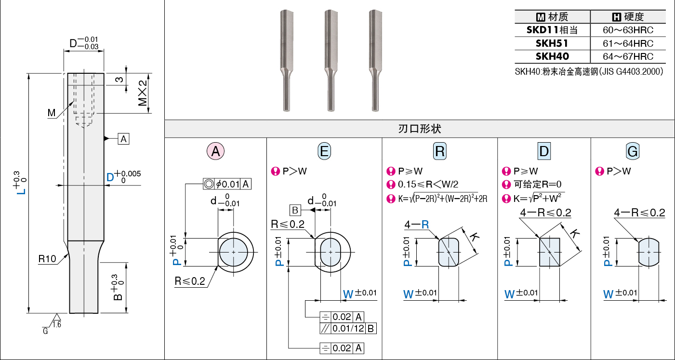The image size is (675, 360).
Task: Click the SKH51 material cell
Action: coord(552,43)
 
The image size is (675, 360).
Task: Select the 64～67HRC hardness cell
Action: coord(628,56)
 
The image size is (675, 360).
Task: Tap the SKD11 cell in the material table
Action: coord(552,30)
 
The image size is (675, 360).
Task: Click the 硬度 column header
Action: coord(628,16)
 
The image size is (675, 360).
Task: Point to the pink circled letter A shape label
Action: coord(215,151)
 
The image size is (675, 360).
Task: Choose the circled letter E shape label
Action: coord(324,151)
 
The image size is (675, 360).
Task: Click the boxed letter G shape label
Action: coord(633,151)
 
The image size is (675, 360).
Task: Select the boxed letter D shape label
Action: coord(544,151)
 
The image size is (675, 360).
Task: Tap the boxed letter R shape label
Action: coord(440,151)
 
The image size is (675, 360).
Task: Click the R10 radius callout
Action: coord(47,259)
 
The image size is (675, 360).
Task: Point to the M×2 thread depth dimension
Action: coord(143,93)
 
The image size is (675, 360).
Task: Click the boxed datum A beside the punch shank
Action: coord(123,139)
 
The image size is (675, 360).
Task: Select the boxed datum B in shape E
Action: coord(295,210)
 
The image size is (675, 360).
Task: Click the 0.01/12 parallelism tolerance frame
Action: coord(348,328)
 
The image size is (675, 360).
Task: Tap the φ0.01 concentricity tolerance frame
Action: coord(227,184)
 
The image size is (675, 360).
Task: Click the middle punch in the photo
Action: coord(331,60)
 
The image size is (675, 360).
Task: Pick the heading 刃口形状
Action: coord(420,129)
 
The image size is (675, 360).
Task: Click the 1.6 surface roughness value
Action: coord(57,324)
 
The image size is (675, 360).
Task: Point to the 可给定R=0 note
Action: coord(537,184)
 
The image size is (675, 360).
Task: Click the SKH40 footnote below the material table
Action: coord(589,71)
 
